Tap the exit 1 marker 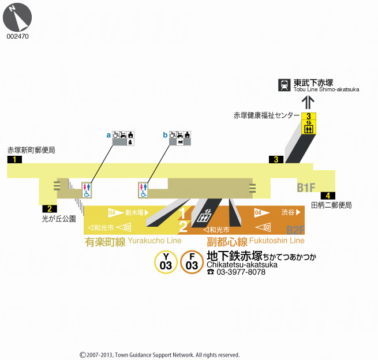point(14,160)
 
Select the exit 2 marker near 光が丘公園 point(49,209)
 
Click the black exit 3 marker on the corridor point(276,160)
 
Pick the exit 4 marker point(327,196)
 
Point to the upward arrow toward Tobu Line point(309,102)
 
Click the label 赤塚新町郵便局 point(31,150)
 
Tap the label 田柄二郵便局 point(331,205)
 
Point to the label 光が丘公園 point(59,219)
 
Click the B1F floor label point(306,187)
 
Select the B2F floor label point(295,230)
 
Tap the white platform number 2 point(183,226)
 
